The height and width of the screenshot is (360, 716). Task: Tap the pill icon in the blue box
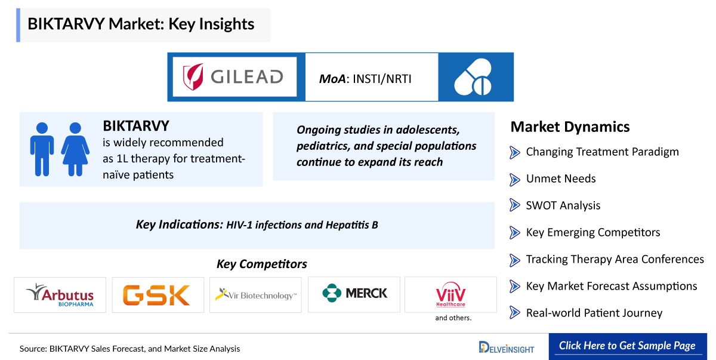click(x=473, y=77)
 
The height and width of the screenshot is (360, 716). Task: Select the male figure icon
click(x=42, y=149)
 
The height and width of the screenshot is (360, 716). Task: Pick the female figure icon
click(x=75, y=149)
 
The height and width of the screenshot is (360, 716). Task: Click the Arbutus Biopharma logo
click(x=60, y=295)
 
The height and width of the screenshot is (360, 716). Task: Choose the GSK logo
click(x=156, y=295)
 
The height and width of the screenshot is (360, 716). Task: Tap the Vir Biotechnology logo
click(x=256, y=295)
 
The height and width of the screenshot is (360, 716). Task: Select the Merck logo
click(x=354, y=293)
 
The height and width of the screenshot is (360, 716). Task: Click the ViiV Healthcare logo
click(x=450, y=294)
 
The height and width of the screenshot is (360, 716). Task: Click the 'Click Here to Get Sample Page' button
click(x=628, y=346)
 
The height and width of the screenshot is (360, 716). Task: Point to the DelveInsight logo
click(x=507, y=347)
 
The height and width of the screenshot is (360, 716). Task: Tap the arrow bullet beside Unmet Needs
click(x=514, y=179)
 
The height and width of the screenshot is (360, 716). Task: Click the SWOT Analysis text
click(x=563, y=205)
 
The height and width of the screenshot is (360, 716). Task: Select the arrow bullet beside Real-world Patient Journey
click(x=514, y=312)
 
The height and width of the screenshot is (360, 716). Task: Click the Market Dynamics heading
click(x=570, y=127)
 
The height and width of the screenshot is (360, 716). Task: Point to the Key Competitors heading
click(x=262, y=264)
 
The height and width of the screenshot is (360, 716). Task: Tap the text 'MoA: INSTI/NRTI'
click(x=365, y=79)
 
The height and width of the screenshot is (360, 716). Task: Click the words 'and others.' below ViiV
click(x=453, y=318)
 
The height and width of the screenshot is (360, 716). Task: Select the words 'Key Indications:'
click(x=180, y=224)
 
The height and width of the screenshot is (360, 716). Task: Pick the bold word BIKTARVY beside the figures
click(x=136, y=126)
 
